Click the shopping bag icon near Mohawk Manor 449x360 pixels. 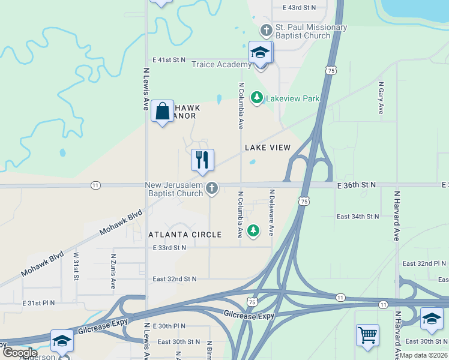tap(163, 111)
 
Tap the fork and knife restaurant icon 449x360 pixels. tap(202, 160)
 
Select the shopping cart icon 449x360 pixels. tap(367, 335)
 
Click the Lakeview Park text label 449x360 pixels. tap(292, 98)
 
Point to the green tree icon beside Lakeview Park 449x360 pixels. tap(258, 97)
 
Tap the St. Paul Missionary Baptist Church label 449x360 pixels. tap(303, 31)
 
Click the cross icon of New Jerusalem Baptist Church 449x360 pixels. tap(211, 189)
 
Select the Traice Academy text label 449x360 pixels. tap(221, 65)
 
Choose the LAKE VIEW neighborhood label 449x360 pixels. tap(268, 148)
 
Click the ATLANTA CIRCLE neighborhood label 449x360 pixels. tap(185, 235)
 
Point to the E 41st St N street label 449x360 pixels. tap(170, 60)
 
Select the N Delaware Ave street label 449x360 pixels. tap(272, 212)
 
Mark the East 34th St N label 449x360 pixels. tap(358, 216)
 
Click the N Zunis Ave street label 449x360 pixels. tap(113, 271)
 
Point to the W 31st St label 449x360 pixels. tap(76, 265)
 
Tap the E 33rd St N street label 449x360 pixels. tap(170, 248)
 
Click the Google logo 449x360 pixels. tap(20, 353)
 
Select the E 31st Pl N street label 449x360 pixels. tap(39, 303)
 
